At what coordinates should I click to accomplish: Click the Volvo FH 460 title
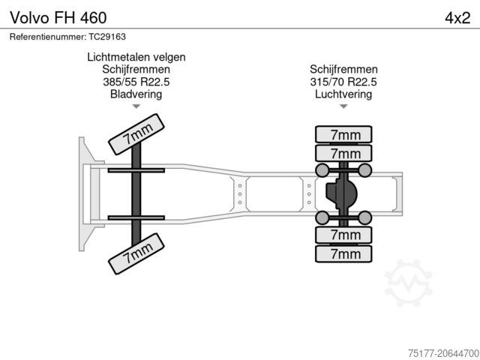pos(58,18)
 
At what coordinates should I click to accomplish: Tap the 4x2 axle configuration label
pos(457,18)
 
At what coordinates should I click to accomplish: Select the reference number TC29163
pos(107,37)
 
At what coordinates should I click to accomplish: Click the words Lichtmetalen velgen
pos(136,57)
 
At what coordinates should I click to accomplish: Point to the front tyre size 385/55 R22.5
pos(136,82)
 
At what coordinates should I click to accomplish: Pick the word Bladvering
pos(136,94)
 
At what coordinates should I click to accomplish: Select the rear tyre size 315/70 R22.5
pos(343,82)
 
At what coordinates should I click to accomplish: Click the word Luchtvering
pos(343,94)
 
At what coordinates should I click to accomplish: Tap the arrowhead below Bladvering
pos(136,106)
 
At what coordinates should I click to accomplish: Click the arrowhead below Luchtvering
pos(343,106)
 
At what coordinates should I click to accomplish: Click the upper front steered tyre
pos(136,134)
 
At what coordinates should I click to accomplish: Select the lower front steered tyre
pos(136,253)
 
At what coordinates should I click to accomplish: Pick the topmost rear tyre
pos(343,134)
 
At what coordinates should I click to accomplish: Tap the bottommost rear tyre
pos(343,253)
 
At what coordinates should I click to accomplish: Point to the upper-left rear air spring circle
pos(322,170)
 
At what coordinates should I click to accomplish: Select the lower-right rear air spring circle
pos(365,217)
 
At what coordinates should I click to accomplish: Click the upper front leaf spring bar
pos(136,170)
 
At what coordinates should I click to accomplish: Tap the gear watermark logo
pos(408,283)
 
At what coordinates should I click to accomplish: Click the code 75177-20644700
pos(443,353)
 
